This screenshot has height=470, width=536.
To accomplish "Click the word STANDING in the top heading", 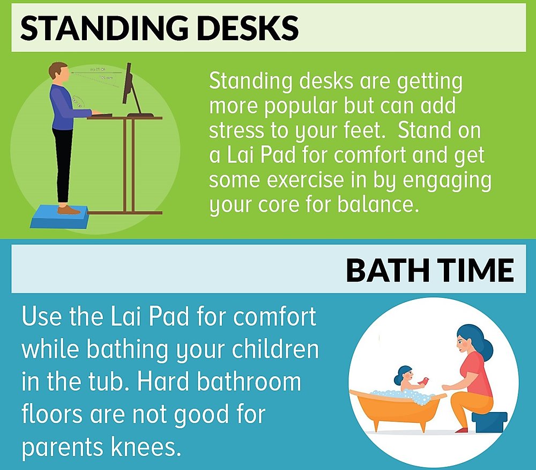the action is point(104,28).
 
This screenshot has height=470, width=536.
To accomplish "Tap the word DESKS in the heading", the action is point(248,28).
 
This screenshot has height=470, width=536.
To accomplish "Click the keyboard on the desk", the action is point(101,115).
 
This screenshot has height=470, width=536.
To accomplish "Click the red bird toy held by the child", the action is point(424,381).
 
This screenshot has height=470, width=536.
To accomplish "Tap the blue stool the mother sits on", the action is point(489,422).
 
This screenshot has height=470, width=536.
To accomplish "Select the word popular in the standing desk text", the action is point(301,106).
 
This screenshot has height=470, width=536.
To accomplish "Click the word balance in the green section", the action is point(378,204).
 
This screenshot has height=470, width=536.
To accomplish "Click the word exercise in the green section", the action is point(305,180).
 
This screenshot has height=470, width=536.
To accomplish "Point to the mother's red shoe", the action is point(462,430).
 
